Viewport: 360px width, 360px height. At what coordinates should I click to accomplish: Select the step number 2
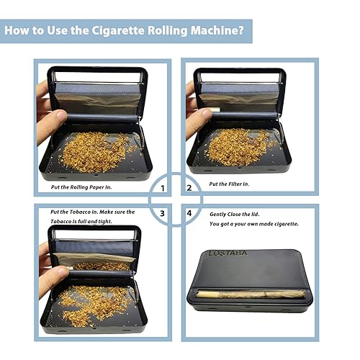click(189, 189)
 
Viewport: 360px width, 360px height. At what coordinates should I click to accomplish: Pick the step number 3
click(163, 213)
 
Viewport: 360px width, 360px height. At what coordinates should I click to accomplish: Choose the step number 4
click(189, 213)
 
